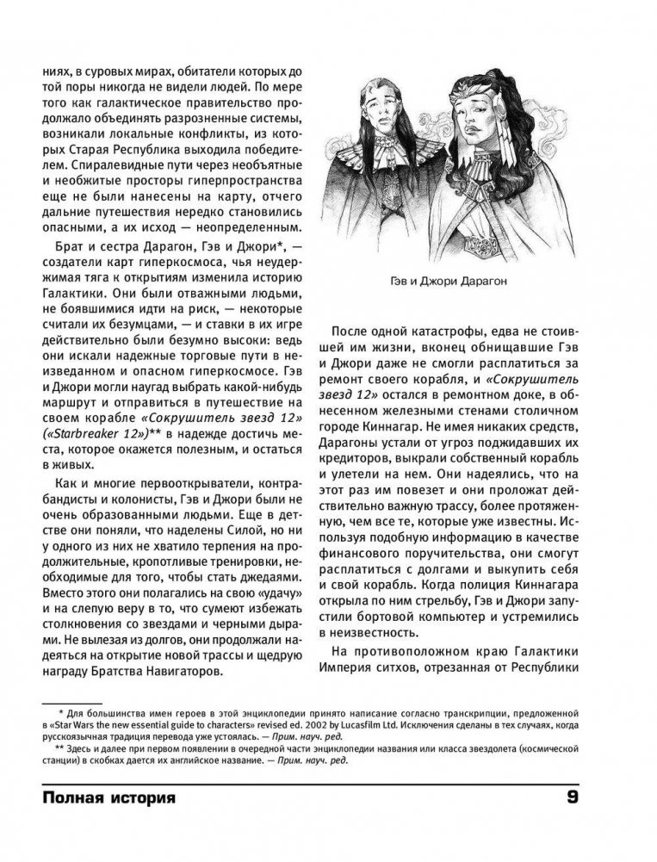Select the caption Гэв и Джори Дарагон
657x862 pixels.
pyautogui.click(x=462, y=280)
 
